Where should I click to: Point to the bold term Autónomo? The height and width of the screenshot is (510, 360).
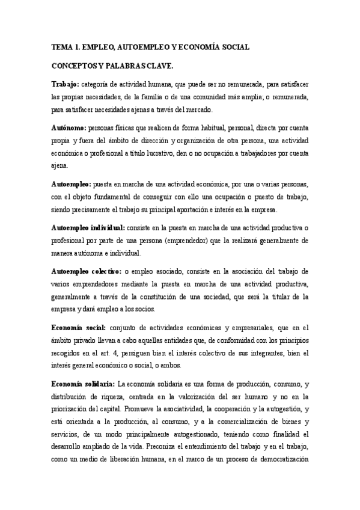pyautogui.click(x=69, y=127)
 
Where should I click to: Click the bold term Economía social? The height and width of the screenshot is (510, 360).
pyautogui.click(x=79, y=327)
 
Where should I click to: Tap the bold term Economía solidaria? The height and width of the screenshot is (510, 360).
pyautogui.click(x=83, y=383)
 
